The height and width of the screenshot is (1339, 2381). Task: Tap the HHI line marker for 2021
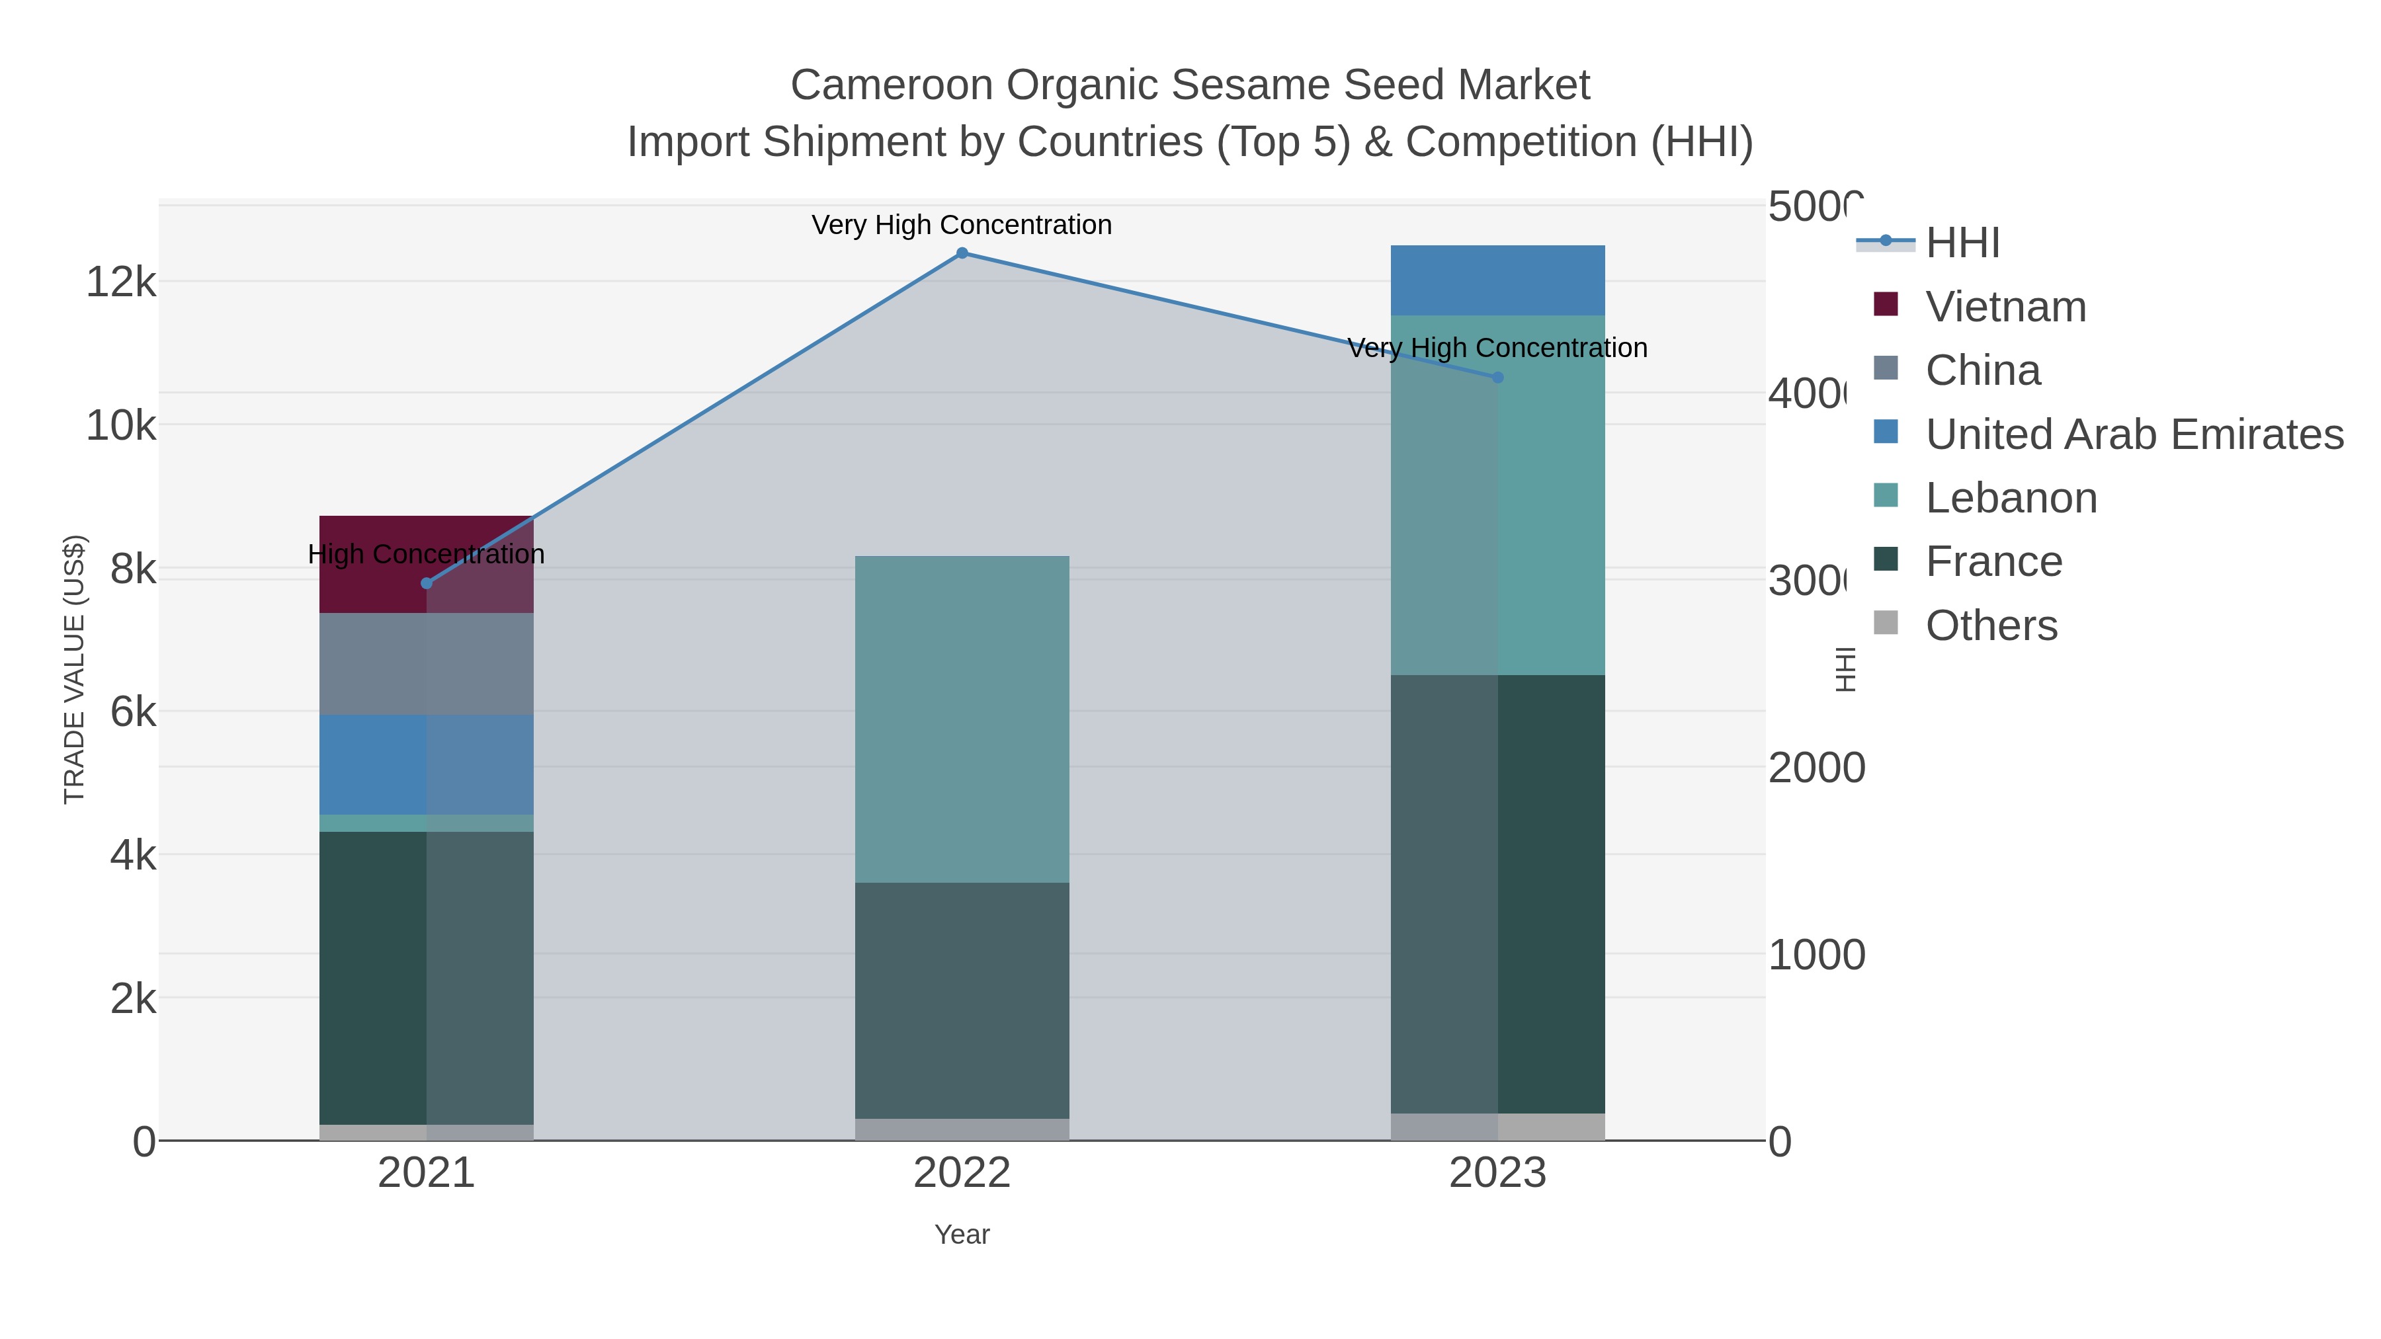pyautogui.click(x=426, y=583)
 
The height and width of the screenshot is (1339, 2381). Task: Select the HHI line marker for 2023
pyautogui.click(x=1497, y=377)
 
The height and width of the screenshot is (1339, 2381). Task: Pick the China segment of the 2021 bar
pyautogui.click(x=426, y=663)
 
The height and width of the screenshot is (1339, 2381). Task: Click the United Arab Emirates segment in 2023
pyautogui.click(x=1497, y=280)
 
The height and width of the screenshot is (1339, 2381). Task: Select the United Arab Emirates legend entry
pyautogui.click(x=2133, y=434)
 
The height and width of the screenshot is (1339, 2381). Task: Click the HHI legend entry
pyautogui.click(x=1962, y=243)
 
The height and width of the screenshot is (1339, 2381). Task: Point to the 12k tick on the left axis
pyautogui.click(x=121, y=282)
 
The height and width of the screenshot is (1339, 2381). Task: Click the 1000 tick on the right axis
pyautogui.click(x=1816, y=955)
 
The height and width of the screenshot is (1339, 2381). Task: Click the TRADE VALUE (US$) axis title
pyautogui.click(x=74, y=669)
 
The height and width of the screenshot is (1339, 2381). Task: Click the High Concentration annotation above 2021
pyautogui.click(x=426, y=555)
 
